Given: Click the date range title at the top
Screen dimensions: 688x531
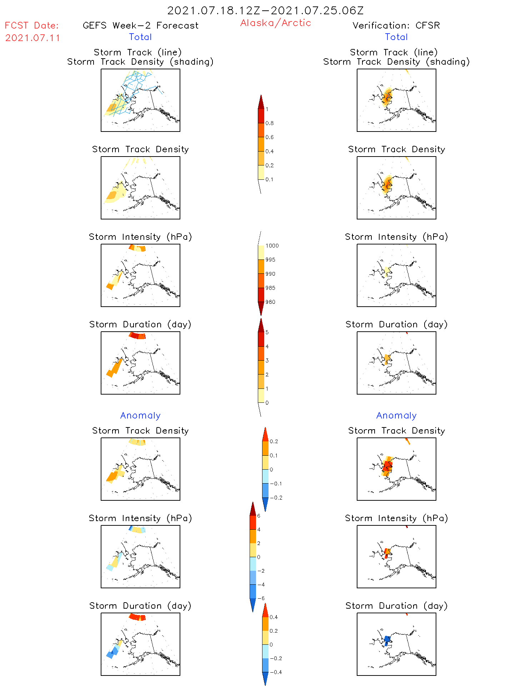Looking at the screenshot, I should [265, 10].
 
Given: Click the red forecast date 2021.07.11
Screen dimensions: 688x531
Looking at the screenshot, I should [32, 38].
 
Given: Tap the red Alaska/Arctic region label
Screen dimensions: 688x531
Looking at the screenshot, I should [275, 23].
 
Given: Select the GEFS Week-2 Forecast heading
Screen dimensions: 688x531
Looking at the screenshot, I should [140, 25].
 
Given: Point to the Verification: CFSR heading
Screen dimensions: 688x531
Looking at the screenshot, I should [396, 25].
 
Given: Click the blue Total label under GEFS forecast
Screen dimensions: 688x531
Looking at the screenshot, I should [140, 37].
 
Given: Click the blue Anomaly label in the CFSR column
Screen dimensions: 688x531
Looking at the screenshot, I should [396, 415].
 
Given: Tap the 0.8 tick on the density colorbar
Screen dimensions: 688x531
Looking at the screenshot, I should [270, 123].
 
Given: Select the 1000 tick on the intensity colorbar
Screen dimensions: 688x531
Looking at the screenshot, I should [272, 246].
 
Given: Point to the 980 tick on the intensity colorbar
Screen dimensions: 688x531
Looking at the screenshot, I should [270, 302].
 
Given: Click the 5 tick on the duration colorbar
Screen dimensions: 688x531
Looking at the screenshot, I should [267, 332].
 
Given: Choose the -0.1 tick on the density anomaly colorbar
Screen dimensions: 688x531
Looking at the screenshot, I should [276, 484].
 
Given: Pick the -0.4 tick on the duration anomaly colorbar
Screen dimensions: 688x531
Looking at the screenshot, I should [276, 672].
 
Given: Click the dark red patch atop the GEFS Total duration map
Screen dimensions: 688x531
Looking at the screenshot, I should [134, 335].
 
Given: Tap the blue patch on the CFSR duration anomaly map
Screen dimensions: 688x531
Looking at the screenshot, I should [387, 640].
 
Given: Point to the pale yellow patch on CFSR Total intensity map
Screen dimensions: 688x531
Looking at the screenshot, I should [386, 270].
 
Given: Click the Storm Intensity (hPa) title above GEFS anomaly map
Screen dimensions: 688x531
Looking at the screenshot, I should [140, 518].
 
